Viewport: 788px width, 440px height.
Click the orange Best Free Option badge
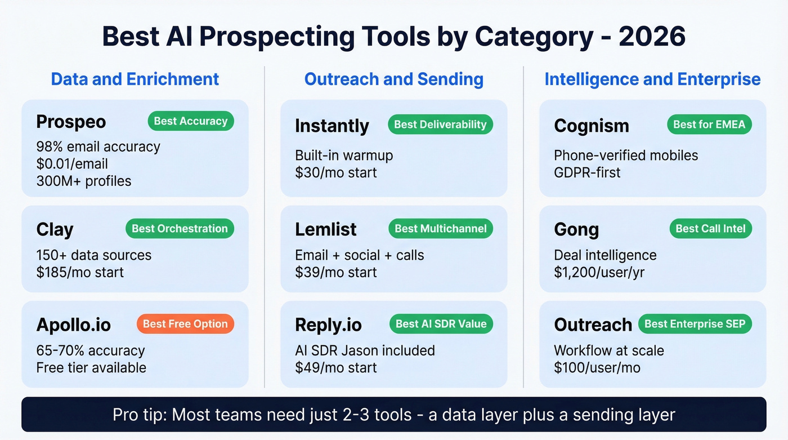click(x=185, y=324)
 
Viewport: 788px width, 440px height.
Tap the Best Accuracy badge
click(x=190, y=121)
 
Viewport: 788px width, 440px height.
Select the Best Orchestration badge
click(x=180, y=229)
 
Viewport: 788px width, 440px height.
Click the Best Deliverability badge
click(x=440, y=125)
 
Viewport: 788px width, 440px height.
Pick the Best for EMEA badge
click(x=709, y=125)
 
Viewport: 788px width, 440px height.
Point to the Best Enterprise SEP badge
click(x=695, y=324)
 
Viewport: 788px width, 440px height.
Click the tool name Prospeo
click(x=71, y=122)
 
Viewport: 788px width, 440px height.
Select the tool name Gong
click(x=576, y=229)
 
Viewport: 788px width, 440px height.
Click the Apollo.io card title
click(x=74, y=325)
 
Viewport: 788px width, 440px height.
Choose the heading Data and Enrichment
click(x=135, y=79)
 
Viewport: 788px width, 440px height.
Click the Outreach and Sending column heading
click(x=394, y=79)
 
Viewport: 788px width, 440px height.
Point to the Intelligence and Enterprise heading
click(x=652, y=79)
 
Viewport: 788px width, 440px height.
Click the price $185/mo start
click(x=80, y=272)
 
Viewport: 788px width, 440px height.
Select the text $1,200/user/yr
click(x=599, y=272)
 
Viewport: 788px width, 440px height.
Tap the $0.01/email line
click(x=72, y=164)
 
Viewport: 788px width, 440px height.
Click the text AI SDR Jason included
click(x=365, y=350)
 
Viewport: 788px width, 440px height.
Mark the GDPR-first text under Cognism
click(x=587, y=172)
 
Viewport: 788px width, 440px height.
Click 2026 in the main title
click(x=652, y=37)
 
